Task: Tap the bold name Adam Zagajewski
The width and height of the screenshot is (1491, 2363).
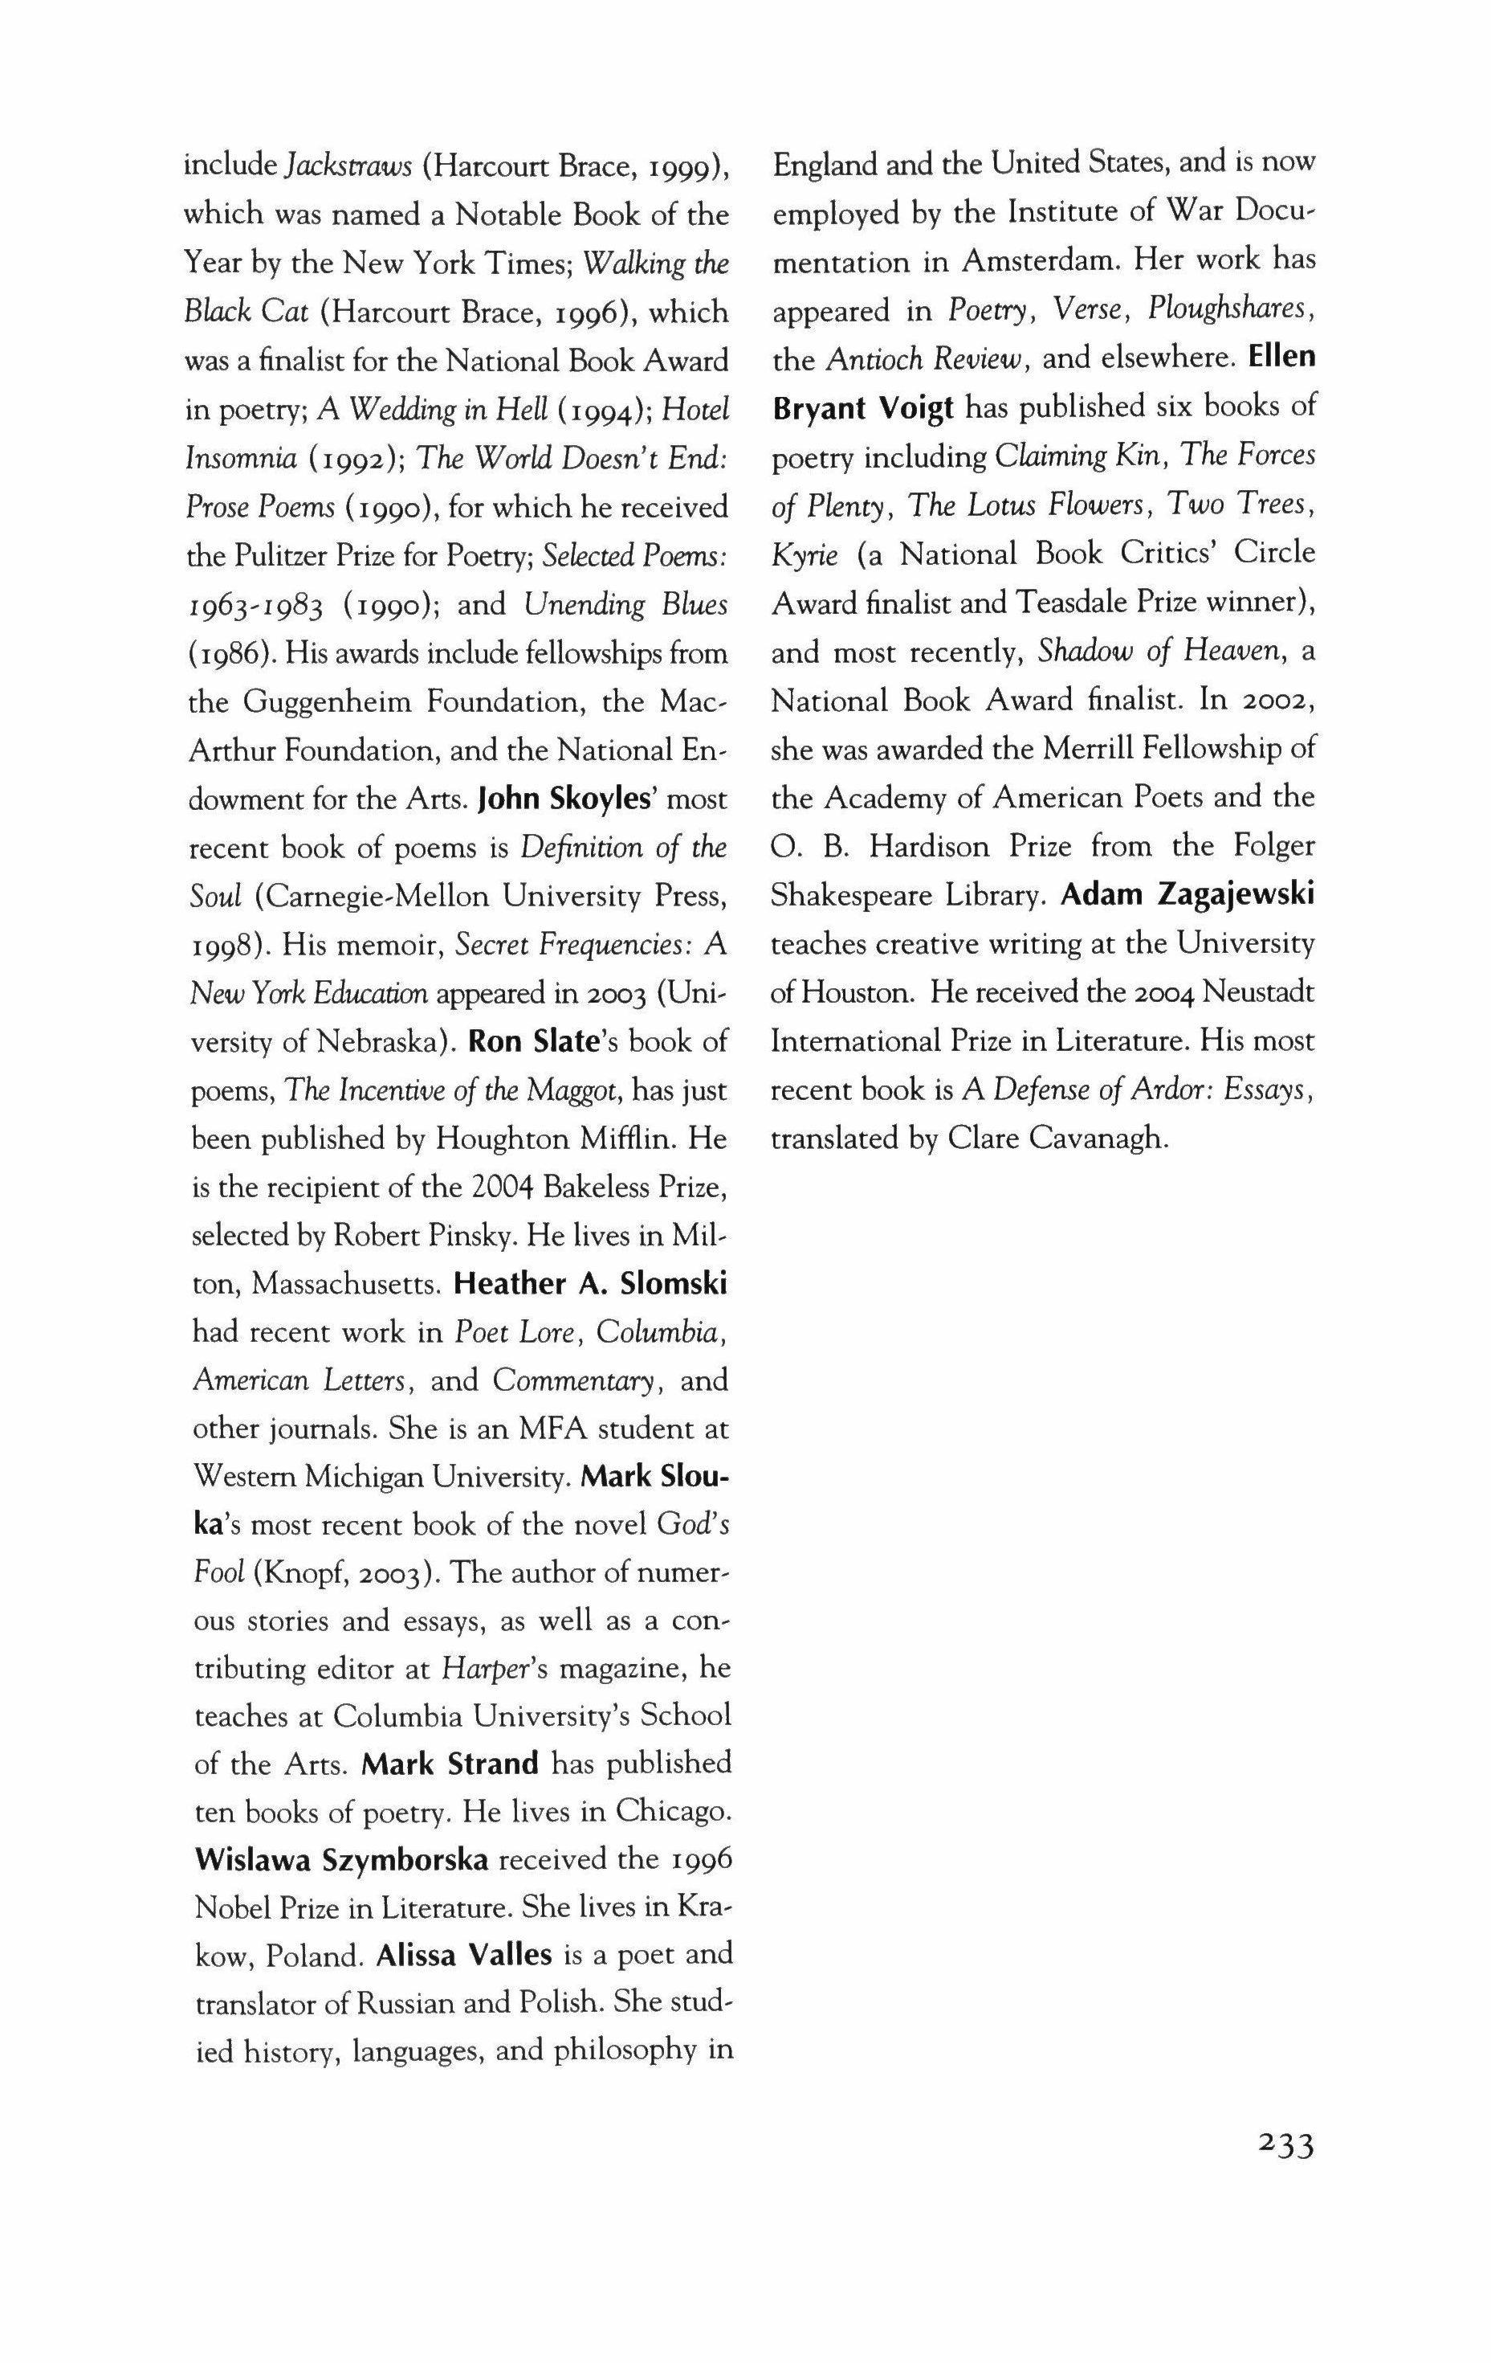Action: point(1188,895)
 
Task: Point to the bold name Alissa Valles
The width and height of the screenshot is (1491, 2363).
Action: point(465,1955)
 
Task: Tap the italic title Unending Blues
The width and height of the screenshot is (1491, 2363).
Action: point(625,606)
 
